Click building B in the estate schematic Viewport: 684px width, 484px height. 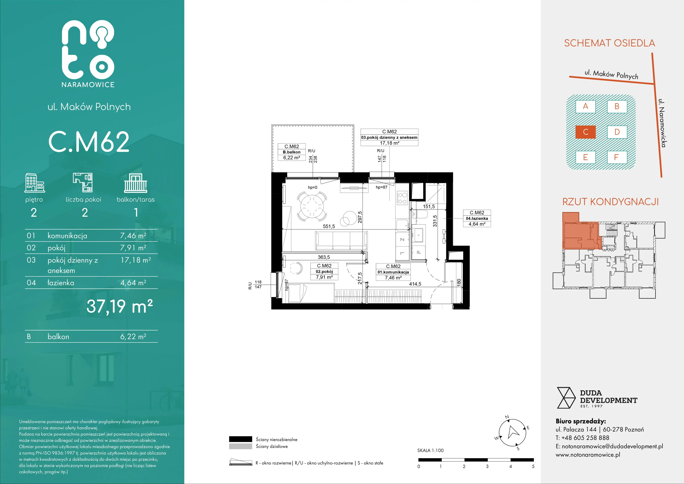[x=617, y=106]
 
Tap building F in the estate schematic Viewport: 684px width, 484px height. [x=617, y=157]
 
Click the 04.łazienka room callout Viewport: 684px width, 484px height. [x=477, y=218]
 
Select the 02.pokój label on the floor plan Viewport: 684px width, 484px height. [x=324, y=271]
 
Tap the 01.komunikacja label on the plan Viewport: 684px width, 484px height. [x=393, y=272]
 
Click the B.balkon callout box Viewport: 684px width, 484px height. [x=292, y=152]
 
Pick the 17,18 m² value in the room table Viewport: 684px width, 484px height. [x=136, y=260]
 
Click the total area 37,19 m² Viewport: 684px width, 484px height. [x=120, y=306]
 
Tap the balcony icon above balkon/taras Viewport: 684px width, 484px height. [x=136, y=183]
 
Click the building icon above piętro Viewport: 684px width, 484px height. [x=35, y=182]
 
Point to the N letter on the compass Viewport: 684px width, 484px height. [x=507, y=417]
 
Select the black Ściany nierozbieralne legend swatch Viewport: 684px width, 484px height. [x=240, y=439]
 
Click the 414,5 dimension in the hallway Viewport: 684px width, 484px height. [x=415, y=284]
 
